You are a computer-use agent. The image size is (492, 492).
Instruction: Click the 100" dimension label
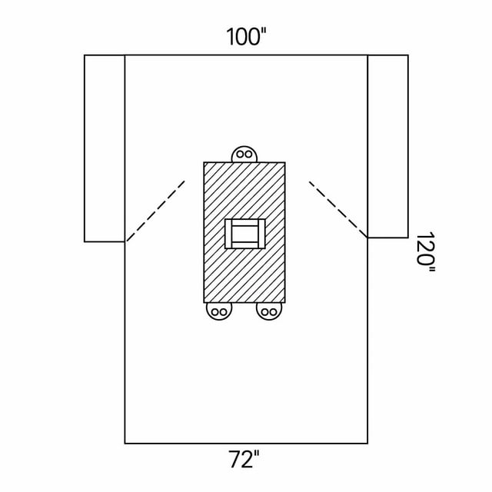(246, 36)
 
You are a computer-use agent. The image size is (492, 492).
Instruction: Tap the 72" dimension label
(244, 459)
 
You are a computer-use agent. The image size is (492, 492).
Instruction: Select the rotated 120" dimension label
(425, 252)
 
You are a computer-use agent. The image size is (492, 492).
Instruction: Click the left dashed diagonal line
(155, 211)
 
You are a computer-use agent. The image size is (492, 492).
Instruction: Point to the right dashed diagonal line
(338, 209)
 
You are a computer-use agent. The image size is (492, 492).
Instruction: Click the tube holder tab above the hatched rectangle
(244, 155)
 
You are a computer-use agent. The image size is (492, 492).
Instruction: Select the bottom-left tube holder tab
(219, 311)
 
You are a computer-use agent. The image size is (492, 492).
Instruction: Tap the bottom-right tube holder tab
(269, 311)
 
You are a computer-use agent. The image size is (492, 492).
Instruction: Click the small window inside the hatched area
(245, 234)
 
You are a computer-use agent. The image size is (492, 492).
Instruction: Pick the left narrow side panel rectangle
(105, 148)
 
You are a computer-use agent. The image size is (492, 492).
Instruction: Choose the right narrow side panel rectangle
(387, 146)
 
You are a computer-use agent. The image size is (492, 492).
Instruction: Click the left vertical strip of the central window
(228, 234)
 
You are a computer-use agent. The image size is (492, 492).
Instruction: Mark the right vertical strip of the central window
(261, 234)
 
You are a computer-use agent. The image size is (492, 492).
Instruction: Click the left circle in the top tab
(241, 155)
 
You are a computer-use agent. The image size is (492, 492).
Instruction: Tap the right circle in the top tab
(248, 155)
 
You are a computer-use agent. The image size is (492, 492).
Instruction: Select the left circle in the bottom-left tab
(215, 312)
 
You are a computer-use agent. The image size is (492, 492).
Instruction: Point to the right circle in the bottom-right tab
(273, 312)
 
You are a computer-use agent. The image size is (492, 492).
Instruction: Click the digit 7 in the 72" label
(234, 460)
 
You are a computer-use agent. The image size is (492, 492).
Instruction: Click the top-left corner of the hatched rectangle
(204, 162)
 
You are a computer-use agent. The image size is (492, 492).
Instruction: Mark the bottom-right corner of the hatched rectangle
(285, 302)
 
